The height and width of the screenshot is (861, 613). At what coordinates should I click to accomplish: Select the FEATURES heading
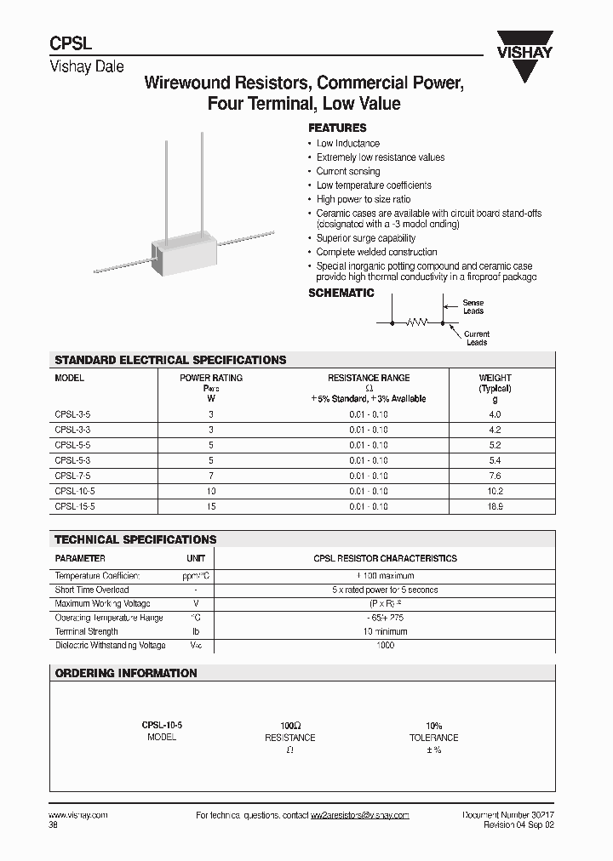pyautogui.click(x=337, y=128)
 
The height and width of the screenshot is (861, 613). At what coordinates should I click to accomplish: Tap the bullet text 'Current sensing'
pyautogui.click(x=348, y=171)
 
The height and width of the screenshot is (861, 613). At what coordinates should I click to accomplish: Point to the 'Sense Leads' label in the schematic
pyautogui.click(x=473, y=307)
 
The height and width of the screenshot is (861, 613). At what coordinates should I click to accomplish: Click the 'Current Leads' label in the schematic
pyautogui.click(x=477, y=339)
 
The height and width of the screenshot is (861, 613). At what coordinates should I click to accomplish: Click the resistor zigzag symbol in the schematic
pyautogui.click(x=417, y=323)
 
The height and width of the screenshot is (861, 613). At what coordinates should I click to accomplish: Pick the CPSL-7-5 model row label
pyautogui.click(x=72, y=476)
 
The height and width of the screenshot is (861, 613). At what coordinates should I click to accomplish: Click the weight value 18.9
pyautogui.click(x=495, y=506)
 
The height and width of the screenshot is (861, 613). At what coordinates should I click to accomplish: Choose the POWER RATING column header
pyautogui.click(x=211, y=378)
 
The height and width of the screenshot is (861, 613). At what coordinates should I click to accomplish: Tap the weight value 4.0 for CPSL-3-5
pyautogui.click(x=495, y=414)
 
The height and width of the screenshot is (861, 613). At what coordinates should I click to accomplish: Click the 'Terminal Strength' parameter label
pyautogui.click(x=86, y=631)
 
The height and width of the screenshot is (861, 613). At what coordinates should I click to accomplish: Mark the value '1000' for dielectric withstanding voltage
pyautogui.click(x=385, y=646)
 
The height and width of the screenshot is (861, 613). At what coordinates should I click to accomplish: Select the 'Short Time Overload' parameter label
pyautogui.click(x=92, y=590)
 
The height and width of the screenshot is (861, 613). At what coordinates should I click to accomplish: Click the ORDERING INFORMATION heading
pyautogui.click(x=126, y=673)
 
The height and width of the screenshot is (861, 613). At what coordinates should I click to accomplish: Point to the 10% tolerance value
pyautogui.click(x=433, y=724)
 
